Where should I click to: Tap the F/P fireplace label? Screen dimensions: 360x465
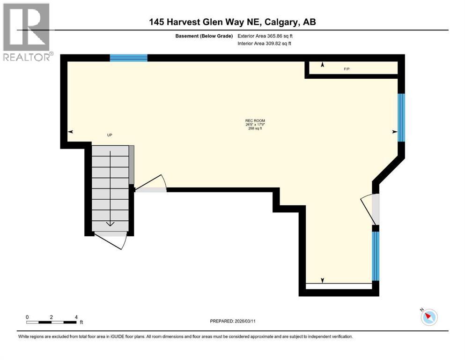347,69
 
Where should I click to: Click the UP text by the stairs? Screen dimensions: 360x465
110,135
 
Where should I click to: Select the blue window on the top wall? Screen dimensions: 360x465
129,58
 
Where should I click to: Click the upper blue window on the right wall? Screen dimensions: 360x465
401,117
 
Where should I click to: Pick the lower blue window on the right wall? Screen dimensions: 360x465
375,255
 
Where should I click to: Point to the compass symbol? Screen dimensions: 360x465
429,317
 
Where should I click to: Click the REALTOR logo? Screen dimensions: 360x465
27,32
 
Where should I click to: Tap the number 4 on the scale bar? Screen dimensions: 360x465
76,317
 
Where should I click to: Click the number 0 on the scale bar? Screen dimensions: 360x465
27,317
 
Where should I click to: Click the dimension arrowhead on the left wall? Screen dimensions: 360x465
71,132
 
